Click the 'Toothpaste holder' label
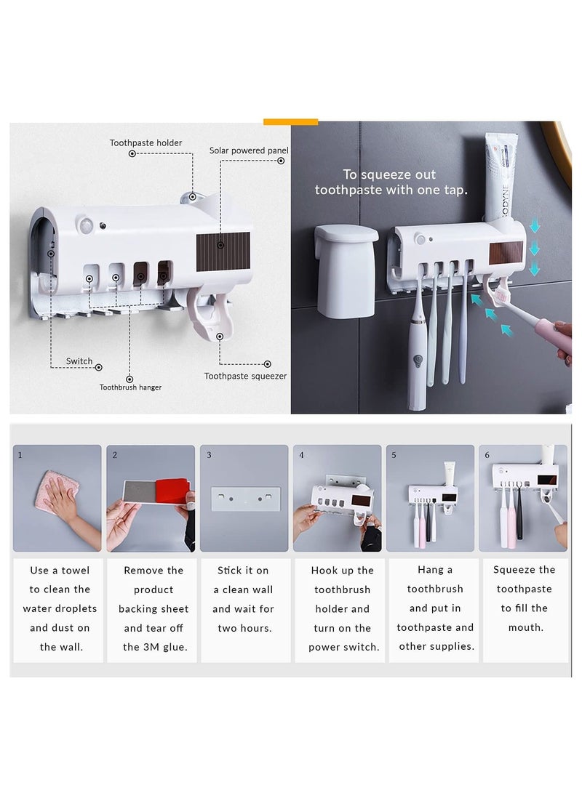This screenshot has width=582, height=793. [145, 143]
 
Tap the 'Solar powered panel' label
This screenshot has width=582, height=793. [249, 150]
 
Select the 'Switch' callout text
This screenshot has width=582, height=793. [79, 361]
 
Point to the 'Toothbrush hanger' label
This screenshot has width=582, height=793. [130, 387]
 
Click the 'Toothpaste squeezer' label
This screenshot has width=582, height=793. [245, 377]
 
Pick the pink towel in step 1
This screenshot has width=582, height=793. [57, 489]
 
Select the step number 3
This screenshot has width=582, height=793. [209, 455]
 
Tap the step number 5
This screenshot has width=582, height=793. [394, 455]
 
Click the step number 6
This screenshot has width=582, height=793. [487, 455]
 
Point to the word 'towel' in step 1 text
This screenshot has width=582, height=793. [76, 571]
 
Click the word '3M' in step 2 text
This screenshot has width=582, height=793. [151, 648]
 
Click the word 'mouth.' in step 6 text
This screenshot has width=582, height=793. [526, 627]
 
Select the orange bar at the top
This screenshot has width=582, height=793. [290, 121]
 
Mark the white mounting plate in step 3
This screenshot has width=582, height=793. [245, 499]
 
